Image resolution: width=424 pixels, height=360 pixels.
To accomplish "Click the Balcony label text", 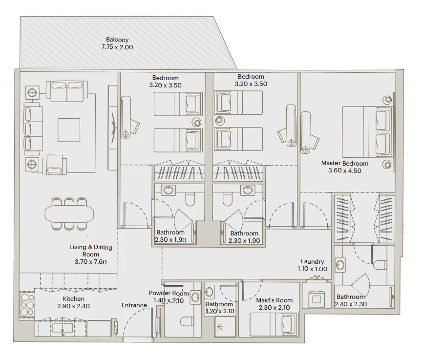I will point(117,40).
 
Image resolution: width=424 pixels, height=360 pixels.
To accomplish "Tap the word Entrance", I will point(134,305).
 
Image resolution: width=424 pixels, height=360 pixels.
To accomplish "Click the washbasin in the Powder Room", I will point(195,296).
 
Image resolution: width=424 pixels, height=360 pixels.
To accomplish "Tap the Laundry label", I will point(312,262).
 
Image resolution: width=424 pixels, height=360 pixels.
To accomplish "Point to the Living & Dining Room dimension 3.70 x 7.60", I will point(91,262).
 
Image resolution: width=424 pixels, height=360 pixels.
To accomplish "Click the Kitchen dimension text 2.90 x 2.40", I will point(74,306).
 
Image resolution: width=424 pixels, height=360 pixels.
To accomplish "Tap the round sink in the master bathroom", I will point(340,266).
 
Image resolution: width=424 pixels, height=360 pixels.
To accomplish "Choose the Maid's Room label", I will point(275,300).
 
